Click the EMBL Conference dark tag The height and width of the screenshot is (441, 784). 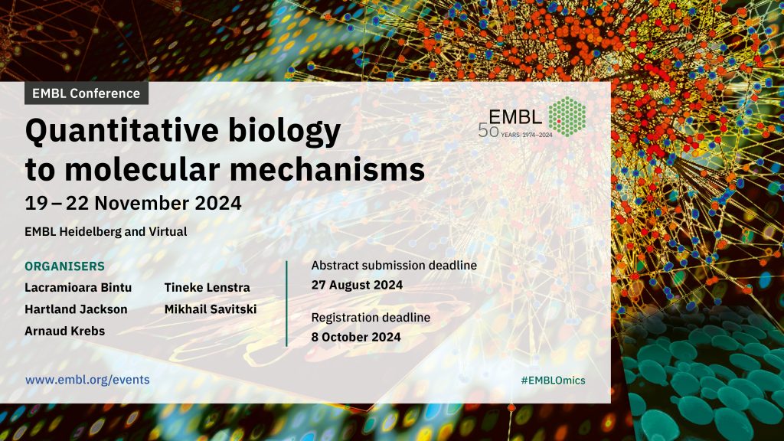pos(87,93)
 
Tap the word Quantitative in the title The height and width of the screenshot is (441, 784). pos(122,131)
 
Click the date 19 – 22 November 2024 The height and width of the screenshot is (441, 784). pos(133,203)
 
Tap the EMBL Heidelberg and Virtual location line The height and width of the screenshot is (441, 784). pos(106,231)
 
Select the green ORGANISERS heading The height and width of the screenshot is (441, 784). pos(64,266)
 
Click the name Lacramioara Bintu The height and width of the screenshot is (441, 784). pos(78,288)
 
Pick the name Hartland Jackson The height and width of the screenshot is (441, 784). pos(76,309)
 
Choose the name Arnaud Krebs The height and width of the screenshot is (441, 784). pos(65,331)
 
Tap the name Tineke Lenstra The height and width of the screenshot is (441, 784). pos(207,288)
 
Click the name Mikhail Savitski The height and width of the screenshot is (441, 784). pos(211,309)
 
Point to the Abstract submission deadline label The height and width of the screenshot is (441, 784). pos(394,266)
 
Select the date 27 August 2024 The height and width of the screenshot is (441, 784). pos(357,285)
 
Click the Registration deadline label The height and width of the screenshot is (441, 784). pos(371,318)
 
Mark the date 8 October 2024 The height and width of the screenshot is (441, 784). pos(356,337)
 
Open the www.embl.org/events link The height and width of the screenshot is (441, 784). pos(87,380)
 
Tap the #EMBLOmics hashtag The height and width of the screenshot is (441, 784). pos(553,381)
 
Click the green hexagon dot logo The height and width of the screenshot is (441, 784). pos(567,117)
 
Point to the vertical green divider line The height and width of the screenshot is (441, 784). pos(286,303)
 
